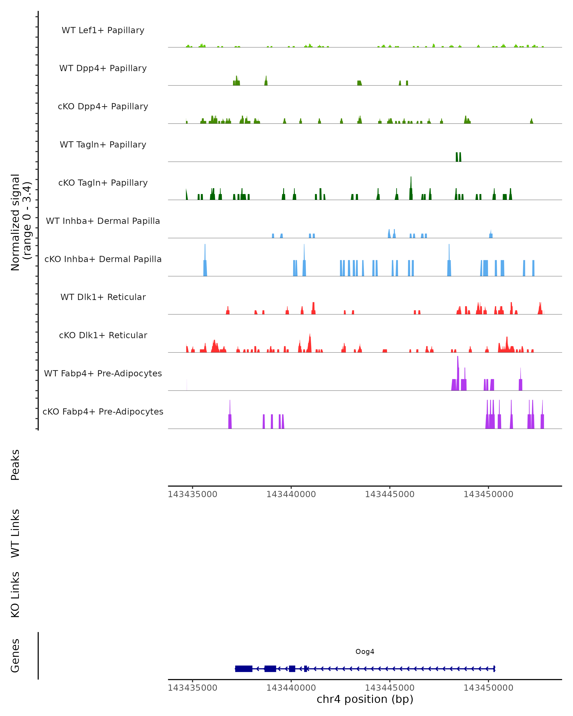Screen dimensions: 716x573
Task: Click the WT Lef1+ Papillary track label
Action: point(103,30)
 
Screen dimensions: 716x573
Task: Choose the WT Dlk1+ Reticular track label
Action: point(103,297)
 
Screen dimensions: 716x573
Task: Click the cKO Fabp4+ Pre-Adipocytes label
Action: point(103,411)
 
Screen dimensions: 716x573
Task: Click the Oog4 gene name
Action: point(365,652)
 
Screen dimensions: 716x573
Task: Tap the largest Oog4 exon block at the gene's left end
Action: point(244,669)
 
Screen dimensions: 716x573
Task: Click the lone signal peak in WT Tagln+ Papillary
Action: point(458,157)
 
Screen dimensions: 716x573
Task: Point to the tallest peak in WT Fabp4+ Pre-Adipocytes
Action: point(458,374)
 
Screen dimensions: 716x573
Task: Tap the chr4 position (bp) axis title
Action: point(365,699)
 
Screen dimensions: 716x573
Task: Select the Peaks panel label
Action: point(15,465)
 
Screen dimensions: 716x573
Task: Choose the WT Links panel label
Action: point(15,533)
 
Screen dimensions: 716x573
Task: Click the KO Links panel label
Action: point(15,595)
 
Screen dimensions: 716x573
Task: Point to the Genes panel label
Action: point(15,656)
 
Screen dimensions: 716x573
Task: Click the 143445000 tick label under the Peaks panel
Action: point(389,494)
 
